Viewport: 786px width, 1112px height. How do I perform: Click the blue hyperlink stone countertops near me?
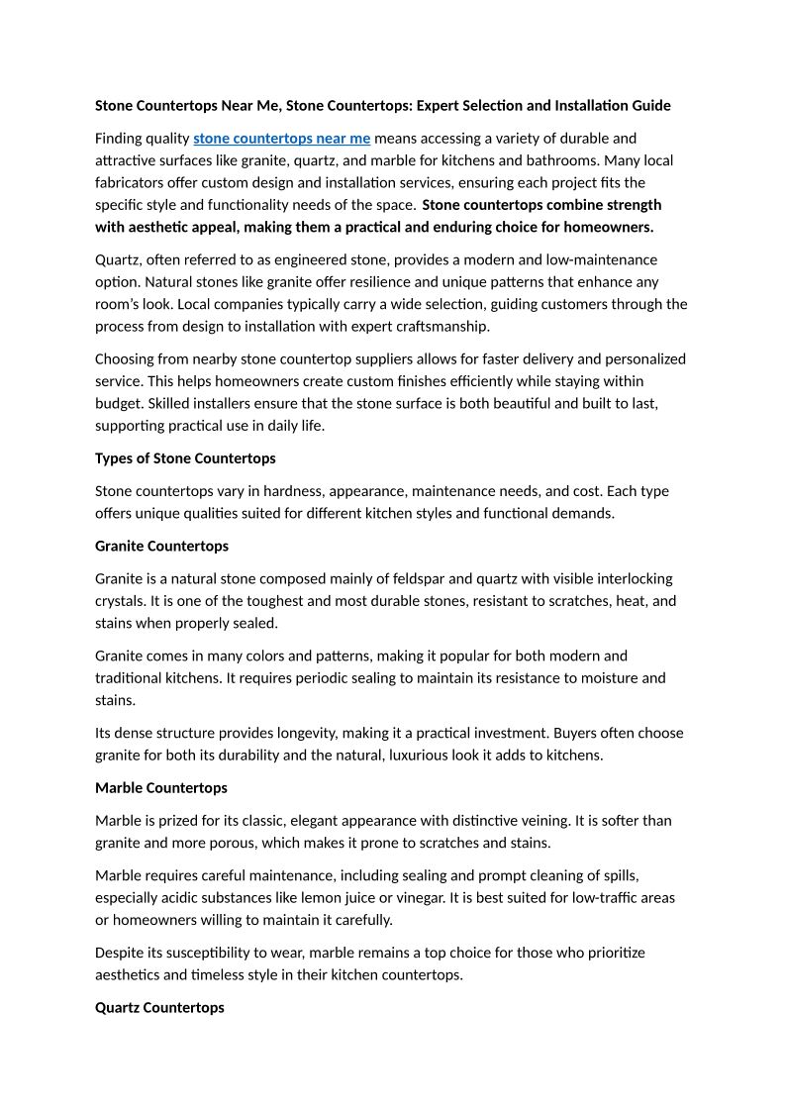282,138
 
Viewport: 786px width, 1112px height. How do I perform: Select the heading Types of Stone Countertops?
185,458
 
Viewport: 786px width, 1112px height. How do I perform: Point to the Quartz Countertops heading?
159,1007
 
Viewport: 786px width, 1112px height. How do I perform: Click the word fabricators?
133,182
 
